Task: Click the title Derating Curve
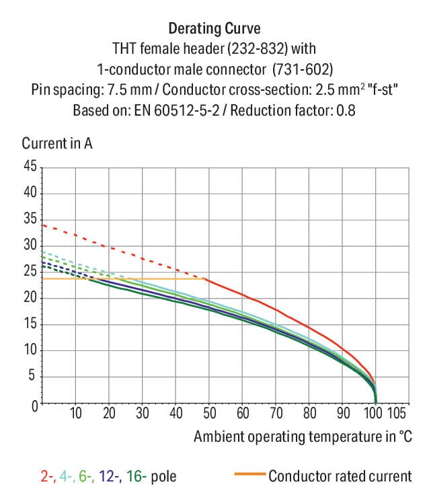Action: click(x=214, y=29)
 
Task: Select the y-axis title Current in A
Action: click(x=57, y=143)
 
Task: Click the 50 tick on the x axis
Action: click(x=209, y=413)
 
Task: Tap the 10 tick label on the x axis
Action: click(x=75, y=413)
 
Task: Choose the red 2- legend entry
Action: click(x=47, y=477)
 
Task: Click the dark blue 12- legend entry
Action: click(x=110, y=477)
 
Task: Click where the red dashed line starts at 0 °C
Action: click(x=42, y=225)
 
